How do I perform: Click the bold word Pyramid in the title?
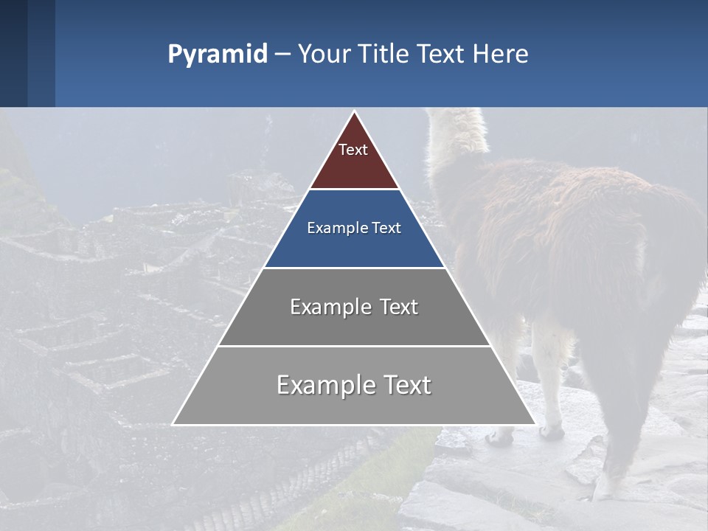217,55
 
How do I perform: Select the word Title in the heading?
383,54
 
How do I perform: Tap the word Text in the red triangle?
353,150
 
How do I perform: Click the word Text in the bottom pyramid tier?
407,385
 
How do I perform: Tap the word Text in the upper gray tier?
398,307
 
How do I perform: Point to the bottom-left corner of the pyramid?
173,424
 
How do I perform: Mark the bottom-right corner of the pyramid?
535,424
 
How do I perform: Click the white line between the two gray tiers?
354,346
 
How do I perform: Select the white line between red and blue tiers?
354,190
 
